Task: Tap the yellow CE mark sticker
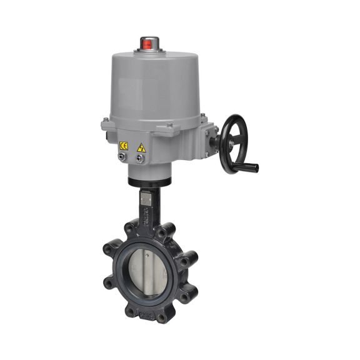pos(124,146)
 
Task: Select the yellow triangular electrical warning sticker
pos(141,147)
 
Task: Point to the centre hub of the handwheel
pos(232,142)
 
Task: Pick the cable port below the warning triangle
pos(141,159)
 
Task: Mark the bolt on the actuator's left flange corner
pos(106,124)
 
